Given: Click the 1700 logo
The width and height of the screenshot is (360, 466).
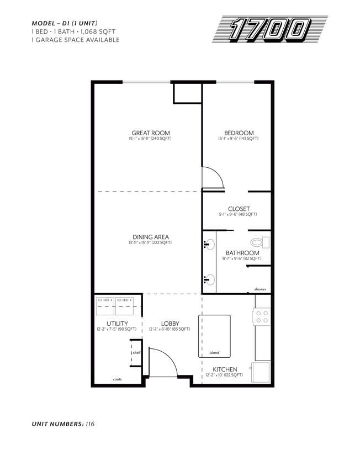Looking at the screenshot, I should [x=269, y=29].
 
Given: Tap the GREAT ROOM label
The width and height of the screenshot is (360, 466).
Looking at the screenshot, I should [x=150, y=133].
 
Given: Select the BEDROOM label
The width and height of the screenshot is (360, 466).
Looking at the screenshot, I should [x=239, y=133].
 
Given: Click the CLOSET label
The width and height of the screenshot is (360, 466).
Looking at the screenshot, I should [x=239, y=209].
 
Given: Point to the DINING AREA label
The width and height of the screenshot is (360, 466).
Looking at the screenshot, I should [x=150, y=237].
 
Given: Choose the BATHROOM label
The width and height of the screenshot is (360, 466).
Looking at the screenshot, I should [x=242, y=253].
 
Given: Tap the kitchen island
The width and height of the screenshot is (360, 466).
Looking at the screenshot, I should [x=214, y=336].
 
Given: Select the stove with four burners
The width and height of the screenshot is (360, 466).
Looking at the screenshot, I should [x=262, y=316].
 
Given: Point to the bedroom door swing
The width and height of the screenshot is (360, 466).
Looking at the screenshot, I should [x=213, y=177].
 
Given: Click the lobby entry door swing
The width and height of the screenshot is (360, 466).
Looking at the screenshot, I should [x=162, y=363].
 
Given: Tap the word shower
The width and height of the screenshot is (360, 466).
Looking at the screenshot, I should [x=260, y=289].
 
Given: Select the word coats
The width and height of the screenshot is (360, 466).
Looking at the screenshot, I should [x=117, y=380].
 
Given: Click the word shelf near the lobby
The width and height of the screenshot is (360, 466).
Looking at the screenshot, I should [x=136, y=353].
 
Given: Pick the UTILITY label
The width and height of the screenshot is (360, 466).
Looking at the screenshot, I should [x=117, y=324].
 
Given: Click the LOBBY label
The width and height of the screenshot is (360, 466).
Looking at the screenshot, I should [x=170, y=324].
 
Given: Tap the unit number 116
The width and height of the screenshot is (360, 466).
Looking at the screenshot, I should [x=90, y=424].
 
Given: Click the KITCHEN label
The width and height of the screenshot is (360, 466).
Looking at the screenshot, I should [x=225, y=369].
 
